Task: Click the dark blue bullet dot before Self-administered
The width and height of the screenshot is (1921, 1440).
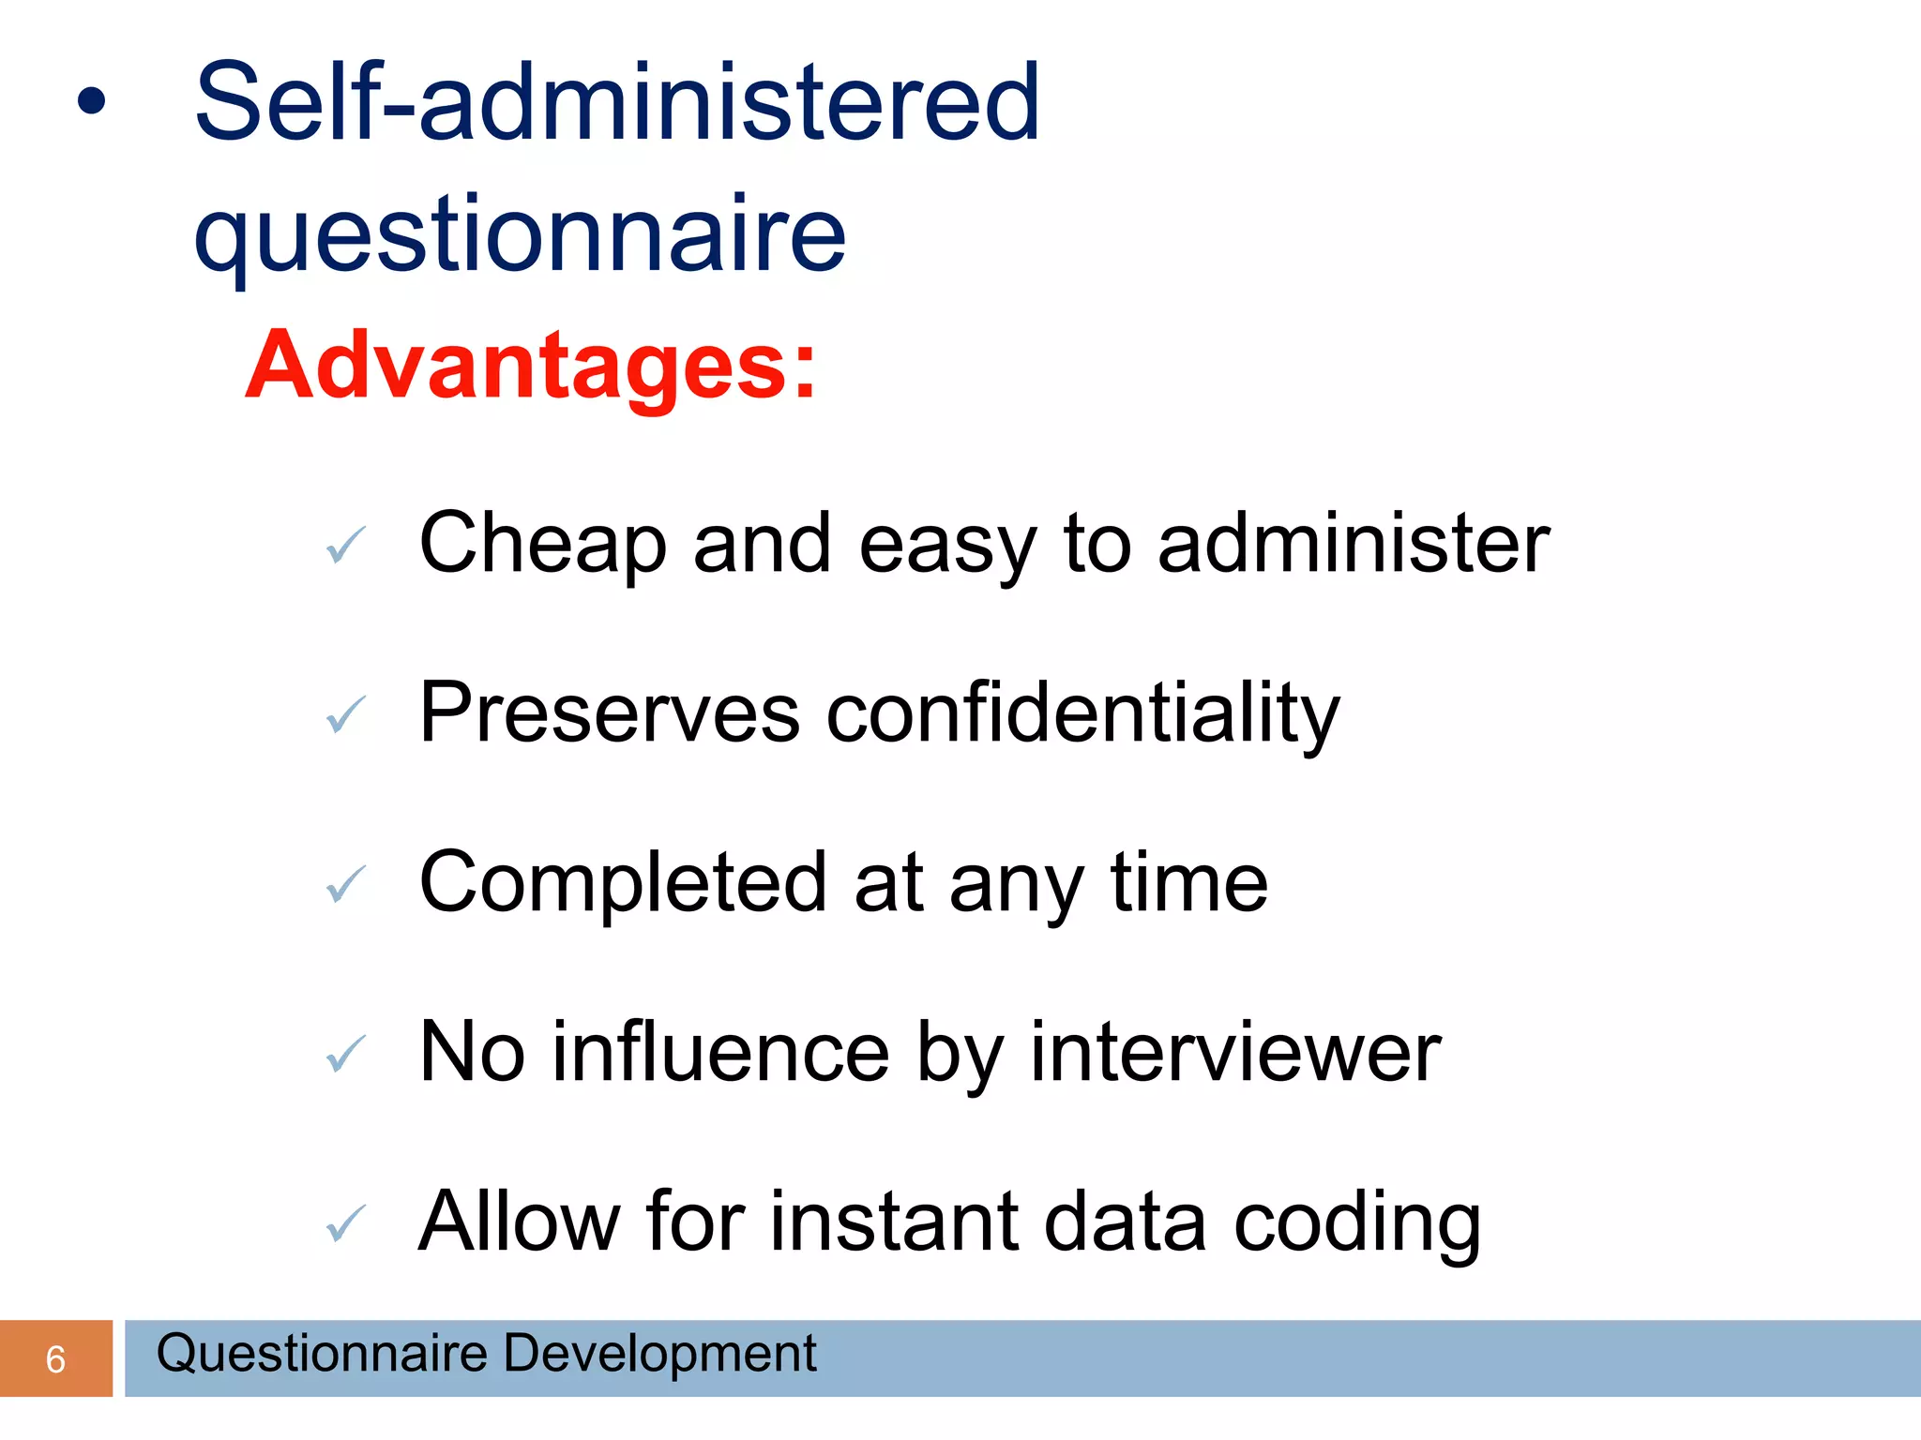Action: tap(91, 102)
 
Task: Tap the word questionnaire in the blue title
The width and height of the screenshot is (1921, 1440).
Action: tap(520, 234)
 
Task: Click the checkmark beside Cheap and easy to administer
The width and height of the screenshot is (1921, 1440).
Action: tap(345, 545)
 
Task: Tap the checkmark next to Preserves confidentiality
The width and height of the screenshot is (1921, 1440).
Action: tap(345, 715)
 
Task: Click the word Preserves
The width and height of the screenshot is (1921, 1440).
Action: tap(609, 714)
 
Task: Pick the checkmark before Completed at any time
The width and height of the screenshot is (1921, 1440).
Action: tap(345, 884)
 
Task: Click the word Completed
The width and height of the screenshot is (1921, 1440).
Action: tap(622, 883)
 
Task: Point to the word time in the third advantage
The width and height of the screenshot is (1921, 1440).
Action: tap(1188, 883)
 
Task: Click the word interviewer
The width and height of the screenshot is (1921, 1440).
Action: tap(1234, 1053)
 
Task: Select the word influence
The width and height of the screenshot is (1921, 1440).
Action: tap(720, 1053)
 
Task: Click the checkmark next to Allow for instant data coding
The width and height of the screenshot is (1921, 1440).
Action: tap(345, 1223)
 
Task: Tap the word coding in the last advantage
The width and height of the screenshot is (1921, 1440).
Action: tap(1356, 1223)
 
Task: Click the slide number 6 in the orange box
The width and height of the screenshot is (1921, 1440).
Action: tap(55, 1359)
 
